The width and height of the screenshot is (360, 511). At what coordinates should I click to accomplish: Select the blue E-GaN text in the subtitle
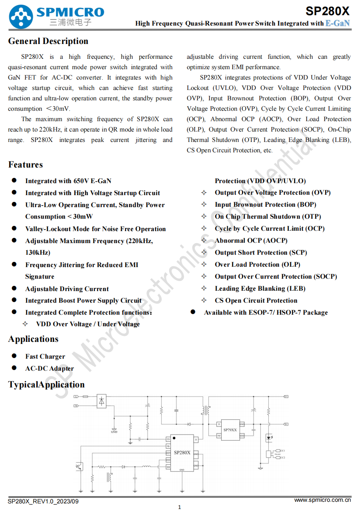click(338, 23)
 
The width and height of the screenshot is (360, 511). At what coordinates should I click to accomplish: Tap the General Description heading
click(48, 41)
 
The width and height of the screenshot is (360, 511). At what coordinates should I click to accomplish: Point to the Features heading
click(25, 165)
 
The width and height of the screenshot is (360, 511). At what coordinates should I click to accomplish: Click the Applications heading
click(33, 339)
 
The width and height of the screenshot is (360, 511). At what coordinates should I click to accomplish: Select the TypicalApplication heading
click(46, 385)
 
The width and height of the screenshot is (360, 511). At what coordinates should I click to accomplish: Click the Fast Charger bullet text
click(45, 357)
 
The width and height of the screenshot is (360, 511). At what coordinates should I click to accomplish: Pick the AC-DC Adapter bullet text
click(49, 369)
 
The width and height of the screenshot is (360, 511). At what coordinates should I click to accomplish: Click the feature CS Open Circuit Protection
click(256, 301)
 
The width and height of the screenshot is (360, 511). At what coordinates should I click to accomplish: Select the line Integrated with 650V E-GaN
click(68, 181)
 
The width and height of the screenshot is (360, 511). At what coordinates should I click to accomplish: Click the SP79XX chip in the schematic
click(230, 430)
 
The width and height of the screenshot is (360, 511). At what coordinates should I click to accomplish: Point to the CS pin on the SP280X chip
click(168, 439)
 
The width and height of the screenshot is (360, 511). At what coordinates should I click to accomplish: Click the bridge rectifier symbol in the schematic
click(102, 401)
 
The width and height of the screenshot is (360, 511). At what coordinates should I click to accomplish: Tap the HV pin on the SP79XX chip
click(219, 436)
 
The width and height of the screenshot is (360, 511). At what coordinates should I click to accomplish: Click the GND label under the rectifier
click(114, 432)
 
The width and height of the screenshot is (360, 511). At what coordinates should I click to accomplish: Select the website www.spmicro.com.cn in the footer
click(322, 500)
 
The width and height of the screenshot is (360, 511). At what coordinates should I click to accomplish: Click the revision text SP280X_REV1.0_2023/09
click(43, 501)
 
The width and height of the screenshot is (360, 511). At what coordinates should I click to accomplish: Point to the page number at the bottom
click(179, 507)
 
